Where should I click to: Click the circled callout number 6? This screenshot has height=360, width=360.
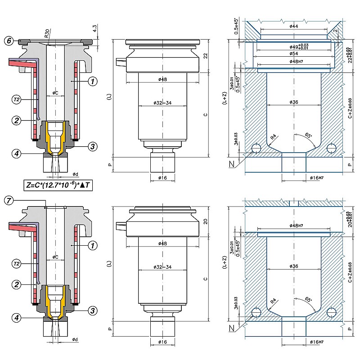9,41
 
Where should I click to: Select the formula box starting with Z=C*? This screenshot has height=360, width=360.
58,184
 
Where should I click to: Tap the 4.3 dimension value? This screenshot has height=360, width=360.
95,28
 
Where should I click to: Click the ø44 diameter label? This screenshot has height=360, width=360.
293,27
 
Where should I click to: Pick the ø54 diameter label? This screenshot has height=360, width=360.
293,53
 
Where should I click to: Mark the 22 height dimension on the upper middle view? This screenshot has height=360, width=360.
205,55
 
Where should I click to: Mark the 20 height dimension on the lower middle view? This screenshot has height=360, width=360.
205,221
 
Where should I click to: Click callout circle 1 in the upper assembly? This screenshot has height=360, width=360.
92,81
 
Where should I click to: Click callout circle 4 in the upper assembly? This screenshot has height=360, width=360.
17,154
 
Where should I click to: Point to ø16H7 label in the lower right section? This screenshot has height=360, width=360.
317,342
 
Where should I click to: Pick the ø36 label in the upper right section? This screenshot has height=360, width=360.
293,102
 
